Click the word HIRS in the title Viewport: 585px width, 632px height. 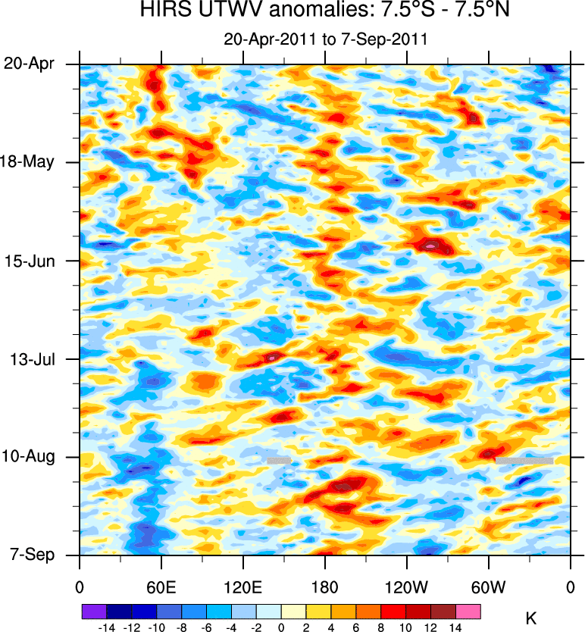(x=161, y=11)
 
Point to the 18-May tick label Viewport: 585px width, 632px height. (x=33, y=161)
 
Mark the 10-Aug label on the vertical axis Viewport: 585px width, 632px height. (x=33, y=456)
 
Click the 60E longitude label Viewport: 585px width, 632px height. (x=161, y=587)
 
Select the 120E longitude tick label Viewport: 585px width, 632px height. (x=242, y=587)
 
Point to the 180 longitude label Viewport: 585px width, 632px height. (x=324, y=587)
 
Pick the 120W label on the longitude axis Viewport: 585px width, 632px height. (x=406, y=587)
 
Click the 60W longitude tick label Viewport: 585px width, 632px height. (x=488, y=587)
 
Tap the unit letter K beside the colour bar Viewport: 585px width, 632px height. (x=531, y=619)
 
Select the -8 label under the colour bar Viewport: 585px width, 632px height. (x=180, y=628)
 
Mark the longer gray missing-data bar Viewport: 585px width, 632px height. (x=524, y=460)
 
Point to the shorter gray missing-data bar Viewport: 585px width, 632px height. (x=279, y=460)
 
